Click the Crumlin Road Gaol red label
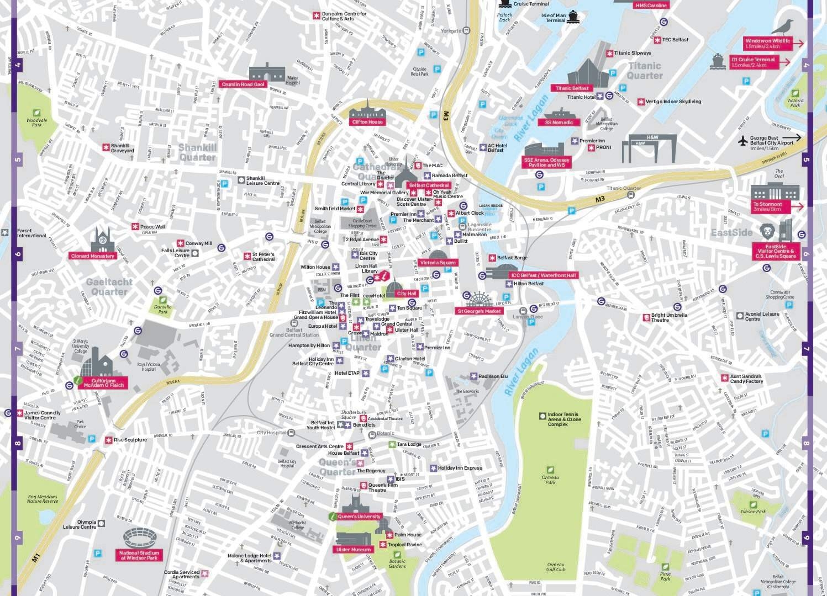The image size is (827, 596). (x=243, y=84)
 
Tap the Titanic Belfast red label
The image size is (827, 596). (x=572, y=88)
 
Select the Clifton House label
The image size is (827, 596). (x=367, y=122)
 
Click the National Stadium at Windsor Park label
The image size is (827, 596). (x=140, y=555)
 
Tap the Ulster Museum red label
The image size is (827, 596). (x=354, y=550)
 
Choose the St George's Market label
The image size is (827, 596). (x=478, y=311)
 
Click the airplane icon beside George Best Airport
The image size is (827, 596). (x=742, y=140)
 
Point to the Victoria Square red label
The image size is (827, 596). (x=438, y=263)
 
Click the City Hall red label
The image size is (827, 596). (x=406, y=294)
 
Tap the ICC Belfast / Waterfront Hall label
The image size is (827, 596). (x=543, y=275)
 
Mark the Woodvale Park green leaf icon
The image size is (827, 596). (x=37, y=113)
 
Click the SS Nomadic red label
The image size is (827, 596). (x=559, y=123)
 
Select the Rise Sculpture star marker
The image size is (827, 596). (x=108, y=440)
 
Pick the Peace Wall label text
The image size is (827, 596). (x=152, y=227)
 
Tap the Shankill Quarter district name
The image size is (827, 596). (x=197, y=152)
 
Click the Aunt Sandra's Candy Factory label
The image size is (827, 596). (x=746, y=379)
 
